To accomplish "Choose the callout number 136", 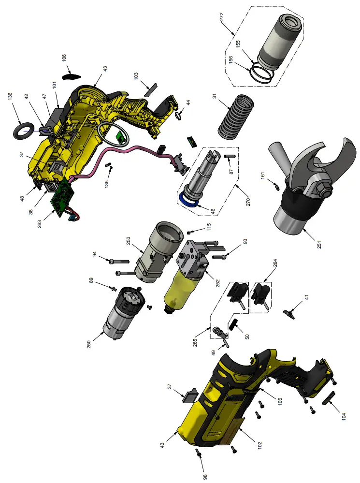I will tap(10, 96).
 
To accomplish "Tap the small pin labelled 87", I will tap(230, 156).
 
